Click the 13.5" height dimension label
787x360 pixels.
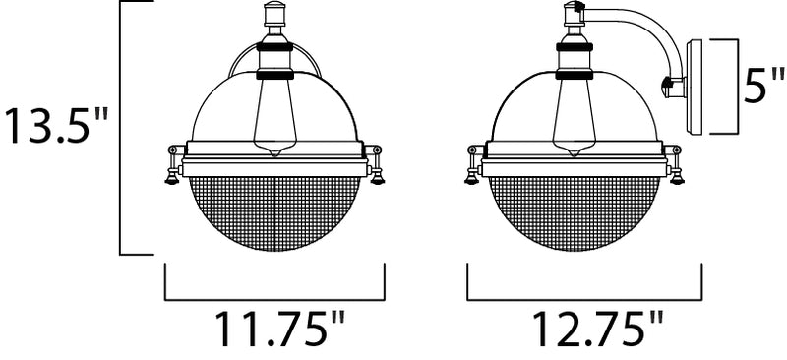click(57, 126)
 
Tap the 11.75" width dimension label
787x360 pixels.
click(280, 330)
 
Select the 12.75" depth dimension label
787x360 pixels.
click(597, 330)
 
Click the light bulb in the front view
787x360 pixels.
click(274, 117)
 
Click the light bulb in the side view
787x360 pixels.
click(574, 117)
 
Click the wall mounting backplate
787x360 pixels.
click(695, 87)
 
